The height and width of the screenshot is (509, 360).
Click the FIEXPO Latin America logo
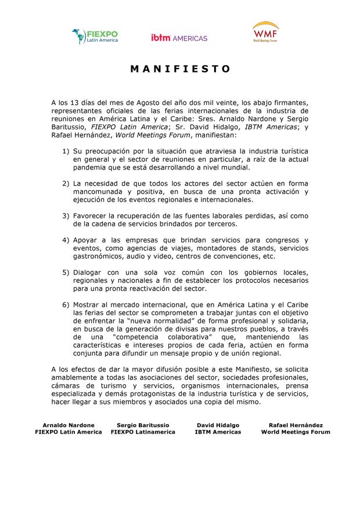[95, 36]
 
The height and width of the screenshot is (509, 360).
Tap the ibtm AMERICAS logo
[179, 38]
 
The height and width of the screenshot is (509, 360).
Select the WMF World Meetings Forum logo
[265, 34]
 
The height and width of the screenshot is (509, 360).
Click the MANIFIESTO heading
[180, 69]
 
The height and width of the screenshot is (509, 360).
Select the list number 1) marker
[66, 151]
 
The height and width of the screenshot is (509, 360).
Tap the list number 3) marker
[66, 215]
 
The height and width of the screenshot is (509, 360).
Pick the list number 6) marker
[66, 305]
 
